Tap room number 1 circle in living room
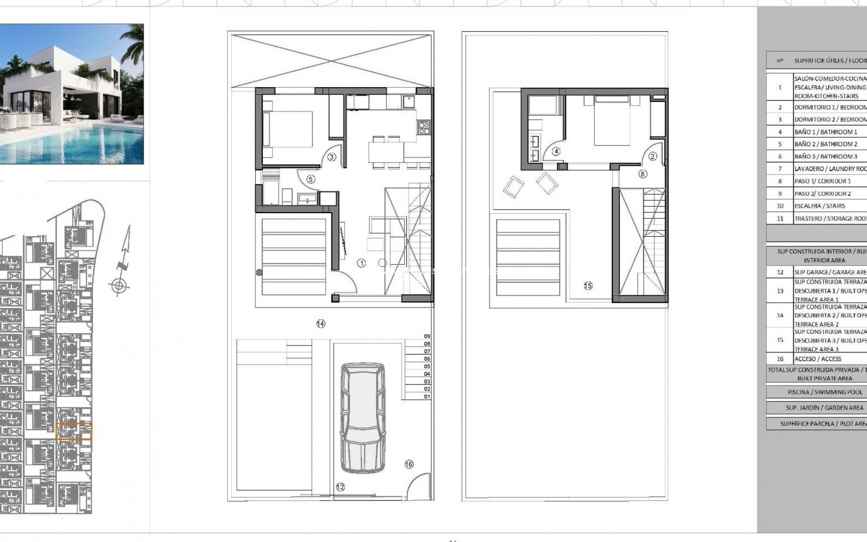(x=361, y=263)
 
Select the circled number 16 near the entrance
(x=409, y=464)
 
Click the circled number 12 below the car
(x=340, y=487)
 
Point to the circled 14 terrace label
(x=321, y=323)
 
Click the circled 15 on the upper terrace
(x=588, y=285)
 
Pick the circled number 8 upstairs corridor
(x=643, y=173)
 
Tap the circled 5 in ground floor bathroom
(x=310, y=179)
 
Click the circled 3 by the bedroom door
(x=331, y=157)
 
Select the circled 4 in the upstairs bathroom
(x=556, y=152)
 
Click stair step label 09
(x=427, y=336)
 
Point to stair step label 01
(x=427, y=397)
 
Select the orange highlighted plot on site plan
(x=74, y=431)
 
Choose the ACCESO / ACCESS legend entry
(x=818, y=359)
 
